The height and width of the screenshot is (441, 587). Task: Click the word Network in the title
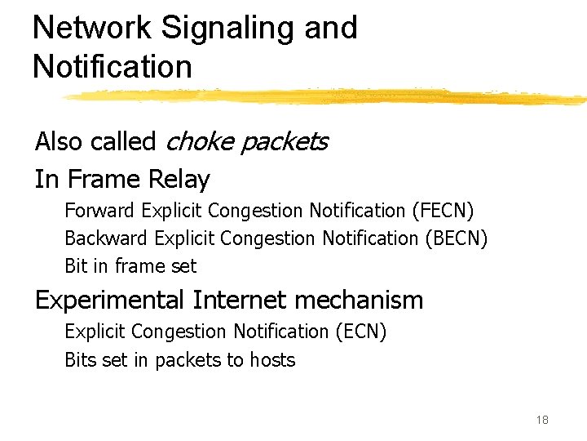[x=92, y=28]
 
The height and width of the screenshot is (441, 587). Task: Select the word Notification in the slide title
[x=113, y=66]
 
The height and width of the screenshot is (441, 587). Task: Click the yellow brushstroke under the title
[x=326, y=96]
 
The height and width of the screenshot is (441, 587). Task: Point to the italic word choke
[x=192, y=141]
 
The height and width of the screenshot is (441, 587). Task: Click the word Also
[x=59, y=141]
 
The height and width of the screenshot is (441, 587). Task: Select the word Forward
[x=99, y=211]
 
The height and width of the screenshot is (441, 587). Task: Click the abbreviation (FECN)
[x=443, y=211]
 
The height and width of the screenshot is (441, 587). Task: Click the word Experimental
[x=109, y=301]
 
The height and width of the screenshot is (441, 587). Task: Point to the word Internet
[x=240, y=300]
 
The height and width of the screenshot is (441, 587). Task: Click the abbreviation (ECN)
[x=360, y=332]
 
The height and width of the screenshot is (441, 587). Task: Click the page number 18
[x=542, y=420]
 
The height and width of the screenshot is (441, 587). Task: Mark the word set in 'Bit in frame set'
[x=183, y=266]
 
